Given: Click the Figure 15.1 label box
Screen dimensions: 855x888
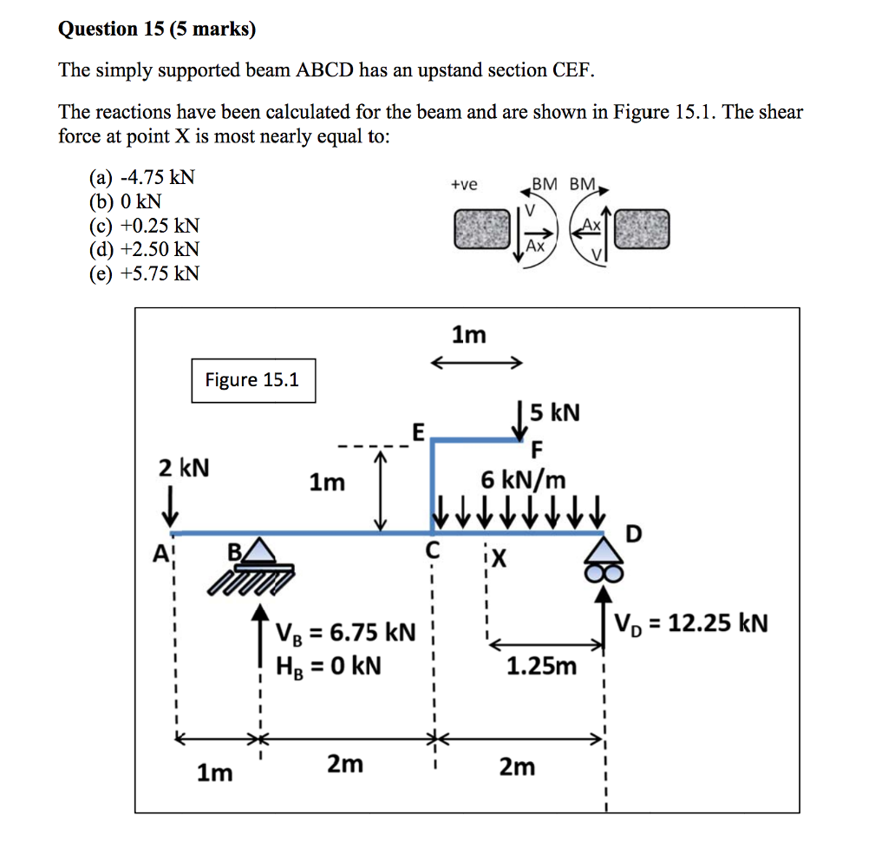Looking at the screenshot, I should tap(253, 380).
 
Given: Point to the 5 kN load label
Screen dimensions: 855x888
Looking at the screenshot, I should tap(555, 411).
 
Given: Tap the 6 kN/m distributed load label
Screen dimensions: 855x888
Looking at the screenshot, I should tap(523, 478).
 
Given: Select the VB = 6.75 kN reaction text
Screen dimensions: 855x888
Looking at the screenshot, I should tap(345, 632).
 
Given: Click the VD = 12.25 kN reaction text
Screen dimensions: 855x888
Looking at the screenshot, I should tap(690, 623).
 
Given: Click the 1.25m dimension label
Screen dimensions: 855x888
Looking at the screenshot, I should tap(541, 666).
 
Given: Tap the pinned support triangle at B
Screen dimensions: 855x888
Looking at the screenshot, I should tap(258, 549).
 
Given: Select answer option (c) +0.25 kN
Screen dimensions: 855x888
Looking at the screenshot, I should tap(145, 226).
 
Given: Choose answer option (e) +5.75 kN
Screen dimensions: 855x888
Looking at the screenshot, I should tap(145, 273).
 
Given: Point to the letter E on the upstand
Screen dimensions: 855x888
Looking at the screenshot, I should tap(418, 430).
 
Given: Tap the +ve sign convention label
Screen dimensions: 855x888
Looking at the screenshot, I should tap(464, 184).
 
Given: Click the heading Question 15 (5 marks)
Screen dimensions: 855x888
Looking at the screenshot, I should tap(157, 30).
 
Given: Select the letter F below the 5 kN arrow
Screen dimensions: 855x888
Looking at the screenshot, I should tap(537, 450).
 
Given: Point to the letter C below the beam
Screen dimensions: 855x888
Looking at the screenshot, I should tap(433, 549).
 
